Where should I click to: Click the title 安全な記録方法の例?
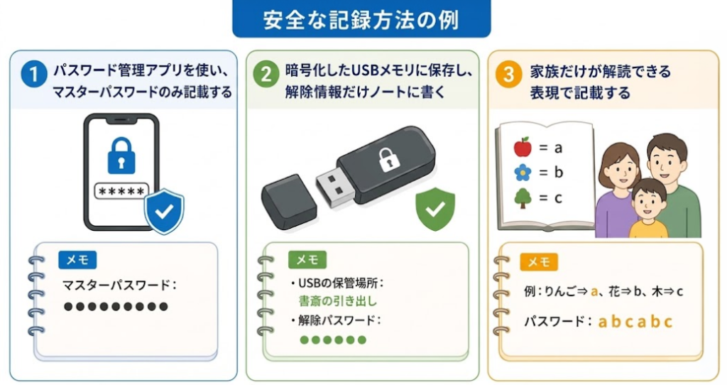[361, 20]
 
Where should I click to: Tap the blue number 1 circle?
[34, 74]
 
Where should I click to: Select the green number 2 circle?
[266, 74]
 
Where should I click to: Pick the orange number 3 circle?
[508, 74]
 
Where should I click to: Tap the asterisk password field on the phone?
[121, 191]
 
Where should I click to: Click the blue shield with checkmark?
[164, 211]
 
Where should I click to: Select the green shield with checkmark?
[435, 209]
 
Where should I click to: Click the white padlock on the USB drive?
[388, 160]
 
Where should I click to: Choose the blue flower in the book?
[523, 173]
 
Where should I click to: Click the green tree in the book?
[523, 198]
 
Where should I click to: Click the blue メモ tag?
[77, 260]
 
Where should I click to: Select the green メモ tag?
[307, 260]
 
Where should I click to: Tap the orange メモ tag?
[539, 262]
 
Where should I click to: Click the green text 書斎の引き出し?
[338, 301]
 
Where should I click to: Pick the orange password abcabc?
[635, 322]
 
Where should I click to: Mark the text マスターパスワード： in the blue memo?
[119, 286]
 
